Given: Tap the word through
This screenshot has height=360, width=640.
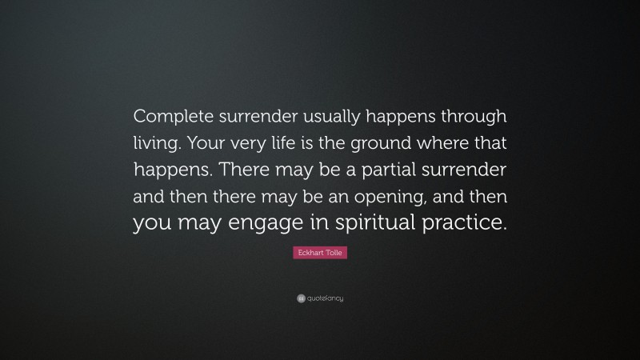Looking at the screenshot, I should click(470, 116).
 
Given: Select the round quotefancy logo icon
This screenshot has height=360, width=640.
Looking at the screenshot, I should click(301, 299).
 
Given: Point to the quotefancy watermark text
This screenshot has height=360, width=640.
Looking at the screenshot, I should click(326, 299).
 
